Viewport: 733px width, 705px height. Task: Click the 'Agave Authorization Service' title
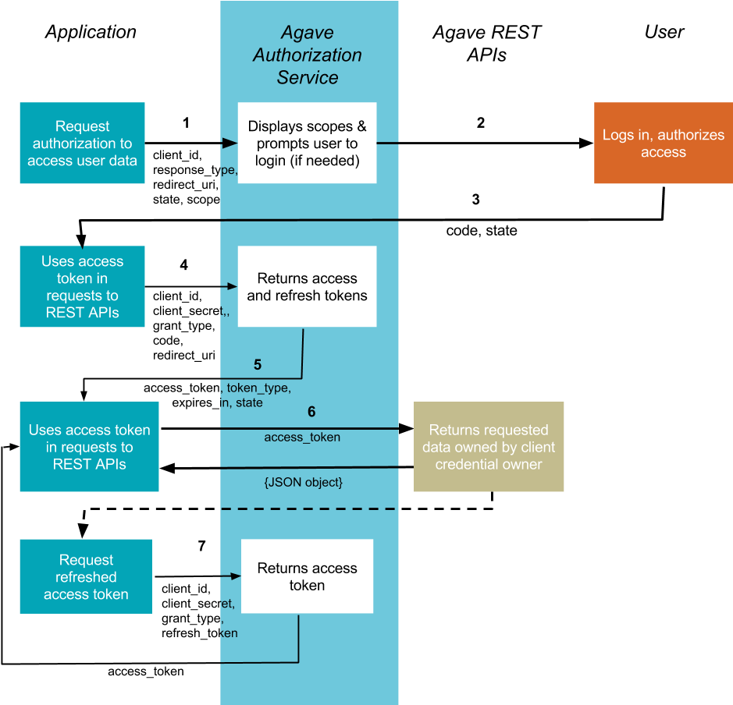308,55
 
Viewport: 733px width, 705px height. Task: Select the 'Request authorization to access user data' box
82,143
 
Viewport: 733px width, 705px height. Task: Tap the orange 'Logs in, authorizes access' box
663,143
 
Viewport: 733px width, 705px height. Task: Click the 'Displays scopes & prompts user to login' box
307,143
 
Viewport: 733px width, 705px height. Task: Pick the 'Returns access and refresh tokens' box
307,286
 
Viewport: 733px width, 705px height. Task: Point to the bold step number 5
258,364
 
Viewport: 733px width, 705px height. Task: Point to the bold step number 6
311,412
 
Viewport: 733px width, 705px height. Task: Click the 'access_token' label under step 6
302,438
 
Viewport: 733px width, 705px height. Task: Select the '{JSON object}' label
303,483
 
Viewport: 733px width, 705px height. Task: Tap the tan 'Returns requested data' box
489,447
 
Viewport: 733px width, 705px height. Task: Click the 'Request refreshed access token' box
86,576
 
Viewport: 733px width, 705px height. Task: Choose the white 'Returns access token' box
307,576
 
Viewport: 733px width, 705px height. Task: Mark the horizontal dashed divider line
308,508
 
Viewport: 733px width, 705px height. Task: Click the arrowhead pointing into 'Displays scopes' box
230,143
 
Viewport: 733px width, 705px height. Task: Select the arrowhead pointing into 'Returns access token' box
236,576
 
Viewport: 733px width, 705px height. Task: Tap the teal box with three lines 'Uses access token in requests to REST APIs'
89,447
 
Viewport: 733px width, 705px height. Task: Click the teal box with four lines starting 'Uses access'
82,286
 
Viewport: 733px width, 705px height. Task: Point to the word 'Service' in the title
308,77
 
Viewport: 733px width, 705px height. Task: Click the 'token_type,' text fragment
258,388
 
